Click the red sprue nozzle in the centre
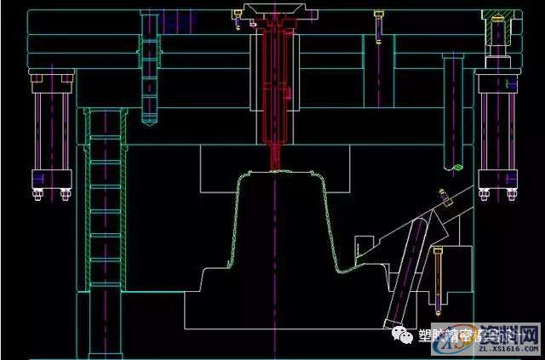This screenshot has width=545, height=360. pos(273,94)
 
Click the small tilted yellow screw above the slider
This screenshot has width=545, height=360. pos(444,197)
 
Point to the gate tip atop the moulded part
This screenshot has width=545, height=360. pos(274,168)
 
